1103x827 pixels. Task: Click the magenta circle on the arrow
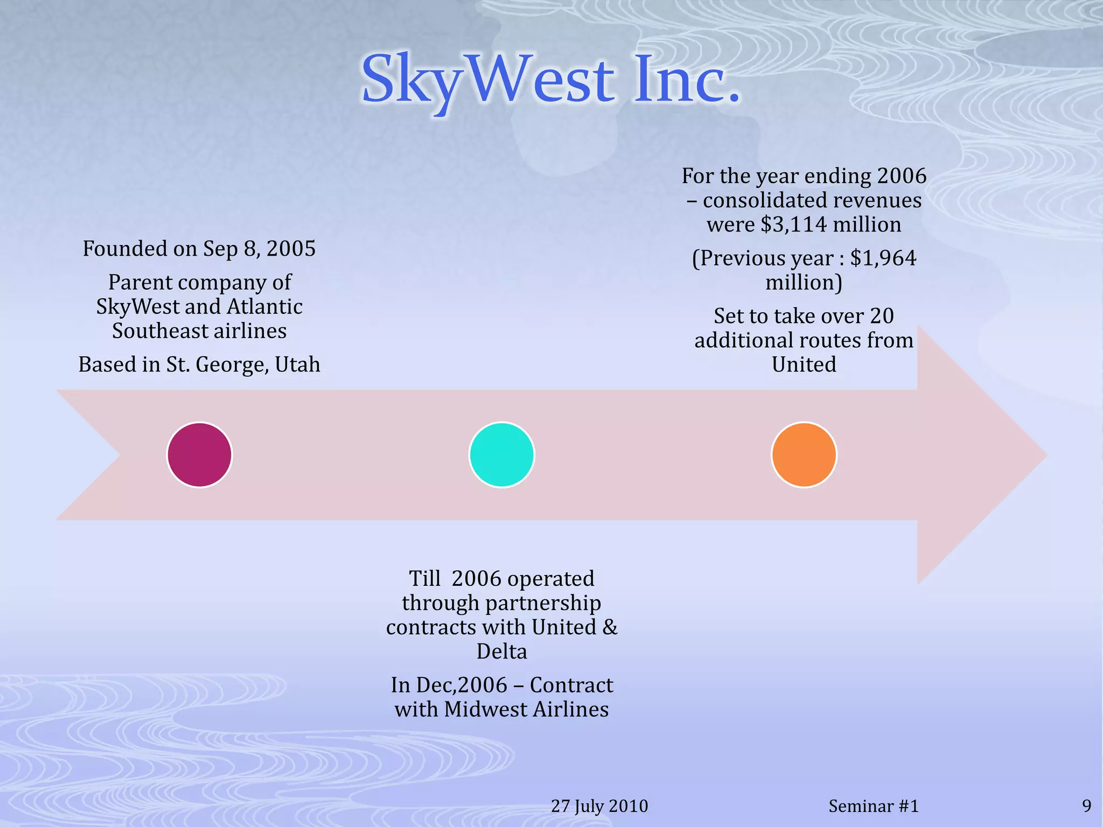click(199, 455)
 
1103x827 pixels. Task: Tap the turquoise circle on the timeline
click(501, 455)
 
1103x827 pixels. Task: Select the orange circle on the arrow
click(804, 455)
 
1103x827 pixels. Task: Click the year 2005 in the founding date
click(291, 249)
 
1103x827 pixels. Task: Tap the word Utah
click(297, 365)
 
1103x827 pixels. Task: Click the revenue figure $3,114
click(793, 225)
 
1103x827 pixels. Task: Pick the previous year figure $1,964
click(883, 258)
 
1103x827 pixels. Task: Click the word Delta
click(501, 651)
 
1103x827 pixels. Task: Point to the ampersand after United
click(610, 627)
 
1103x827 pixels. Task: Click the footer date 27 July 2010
click(599, 806)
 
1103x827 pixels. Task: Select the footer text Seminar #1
click(873, 806)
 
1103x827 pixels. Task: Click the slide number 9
click(1086, 806)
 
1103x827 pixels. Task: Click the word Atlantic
click(264, 307)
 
